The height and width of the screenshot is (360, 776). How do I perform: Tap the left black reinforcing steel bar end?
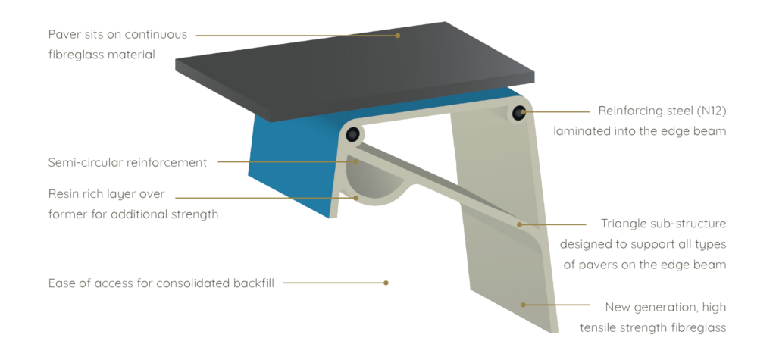pyautogui.click(x=354, y=135)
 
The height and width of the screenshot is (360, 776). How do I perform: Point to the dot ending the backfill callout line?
pyautogui.click(x=386, y=283)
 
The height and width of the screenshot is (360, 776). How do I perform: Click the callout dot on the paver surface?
pyautogui.click(x=396, y=35)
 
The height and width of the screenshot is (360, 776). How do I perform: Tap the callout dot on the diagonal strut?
pyautogui.click(x=519, y=224)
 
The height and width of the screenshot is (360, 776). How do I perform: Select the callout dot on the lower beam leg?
pyautogui.click(x=523, y=303)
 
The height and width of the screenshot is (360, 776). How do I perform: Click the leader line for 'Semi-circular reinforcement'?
pyautogui.click(x=288, y=161)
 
